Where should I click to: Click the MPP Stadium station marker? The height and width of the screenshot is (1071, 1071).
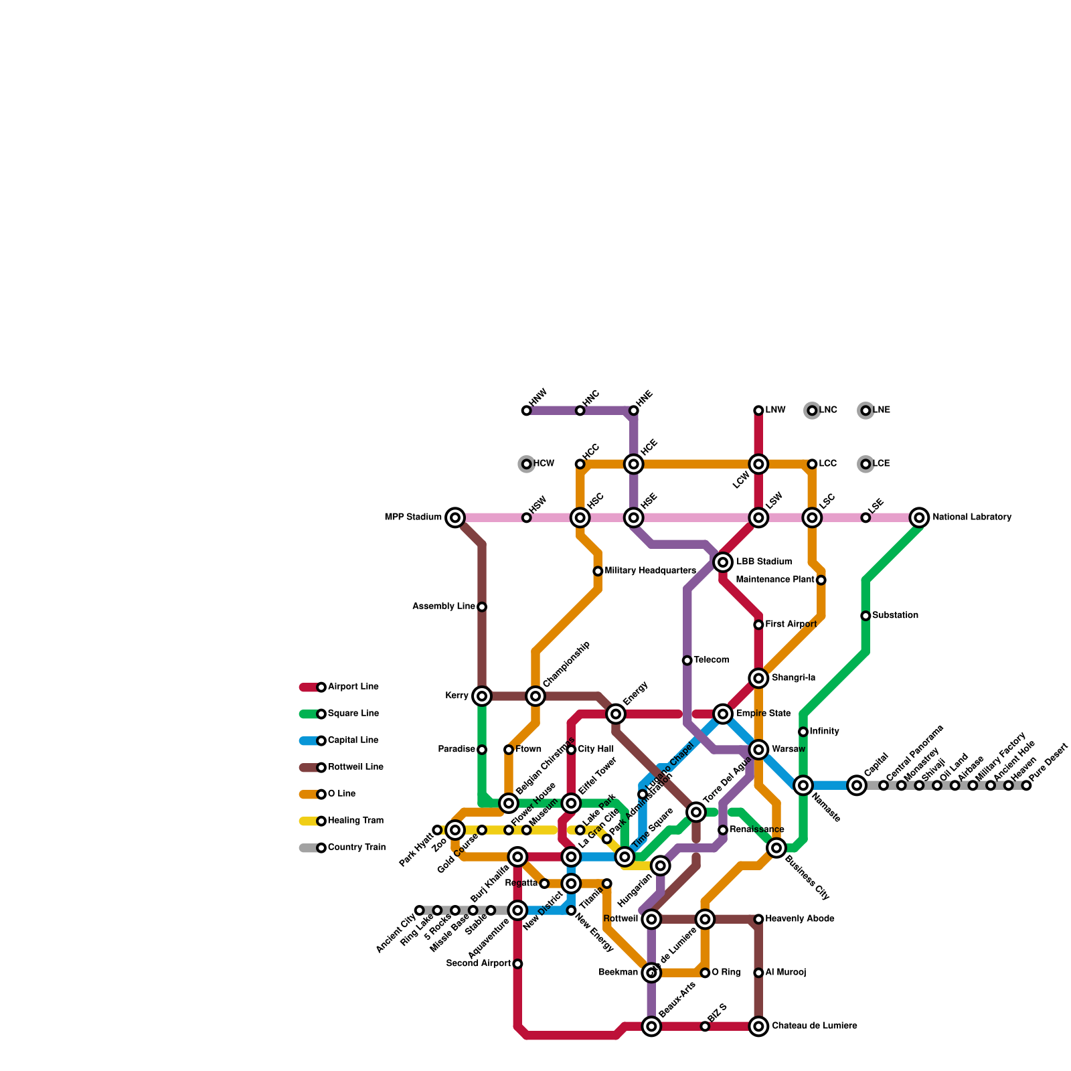pos(455,517)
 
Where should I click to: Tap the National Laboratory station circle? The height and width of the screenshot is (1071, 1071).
pos(920,517)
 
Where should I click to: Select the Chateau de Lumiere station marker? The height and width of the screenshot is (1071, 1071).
pos(758,1026)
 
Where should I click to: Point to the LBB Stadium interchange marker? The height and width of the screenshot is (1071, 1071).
pos(723,562)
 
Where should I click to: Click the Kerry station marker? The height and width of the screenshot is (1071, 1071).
pos(482,696)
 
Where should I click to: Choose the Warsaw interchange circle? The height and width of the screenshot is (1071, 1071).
pos(758,750)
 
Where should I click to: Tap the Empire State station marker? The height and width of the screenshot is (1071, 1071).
pos(723,714)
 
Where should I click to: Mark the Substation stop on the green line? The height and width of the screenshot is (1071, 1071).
pos(866,616)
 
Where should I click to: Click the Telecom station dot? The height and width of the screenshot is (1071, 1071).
pos(687,661)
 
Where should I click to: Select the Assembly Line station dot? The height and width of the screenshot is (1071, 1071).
pos(482,607)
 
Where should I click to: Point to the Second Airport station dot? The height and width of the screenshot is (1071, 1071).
pos(517,964)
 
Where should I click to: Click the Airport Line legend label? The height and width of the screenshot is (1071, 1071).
pos(353,687)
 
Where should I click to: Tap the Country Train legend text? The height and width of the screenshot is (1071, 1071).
pos(357,847)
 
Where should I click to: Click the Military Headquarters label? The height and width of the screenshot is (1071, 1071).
pos(650,571)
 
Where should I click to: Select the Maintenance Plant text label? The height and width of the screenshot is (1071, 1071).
pos(775,580)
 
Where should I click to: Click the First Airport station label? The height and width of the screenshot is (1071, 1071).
pos(791,625)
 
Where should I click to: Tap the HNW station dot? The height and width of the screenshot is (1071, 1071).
pos(527,410)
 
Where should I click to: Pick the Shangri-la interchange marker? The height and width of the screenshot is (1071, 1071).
pos(758,678)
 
